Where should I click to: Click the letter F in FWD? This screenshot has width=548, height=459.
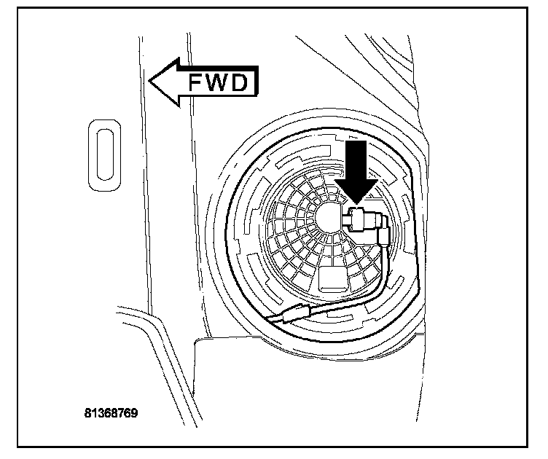(197, 83)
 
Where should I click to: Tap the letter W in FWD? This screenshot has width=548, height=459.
(218, 83)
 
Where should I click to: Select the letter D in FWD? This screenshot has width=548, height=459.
(242, 83)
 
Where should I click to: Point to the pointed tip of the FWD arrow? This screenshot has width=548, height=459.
(150, 83)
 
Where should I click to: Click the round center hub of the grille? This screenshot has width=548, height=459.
(329, 216)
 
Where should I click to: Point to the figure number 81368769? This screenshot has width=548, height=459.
(111, 413)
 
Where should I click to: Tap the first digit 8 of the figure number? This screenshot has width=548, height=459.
(87, 413)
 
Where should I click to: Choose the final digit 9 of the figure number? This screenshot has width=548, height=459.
(135, 413)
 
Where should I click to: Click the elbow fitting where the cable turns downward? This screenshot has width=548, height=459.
(383, 235)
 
